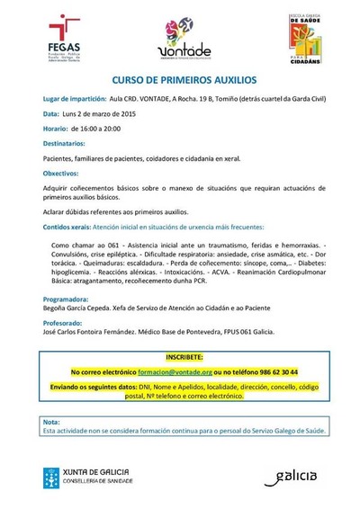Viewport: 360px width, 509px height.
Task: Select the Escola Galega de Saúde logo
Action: point(303,35)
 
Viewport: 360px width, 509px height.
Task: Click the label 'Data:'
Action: point(51,114)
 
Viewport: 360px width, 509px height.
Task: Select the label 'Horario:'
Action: point(56,129)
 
